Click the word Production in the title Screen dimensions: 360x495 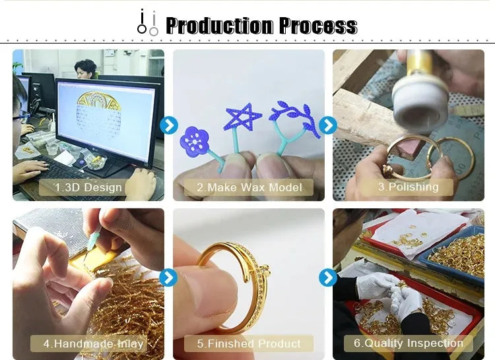(219, 26)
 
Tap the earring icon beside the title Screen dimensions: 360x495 (147, 22)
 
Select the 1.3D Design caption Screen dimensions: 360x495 (88, 187)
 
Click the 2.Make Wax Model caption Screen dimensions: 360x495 (249, 187)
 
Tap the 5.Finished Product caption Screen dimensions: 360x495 (249, 344)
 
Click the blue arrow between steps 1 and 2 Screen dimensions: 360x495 (169, 125)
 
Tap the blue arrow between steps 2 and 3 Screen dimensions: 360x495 (328, 125)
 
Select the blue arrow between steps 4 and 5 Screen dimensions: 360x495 (168, 278)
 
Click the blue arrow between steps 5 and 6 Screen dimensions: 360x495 (328, 278)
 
